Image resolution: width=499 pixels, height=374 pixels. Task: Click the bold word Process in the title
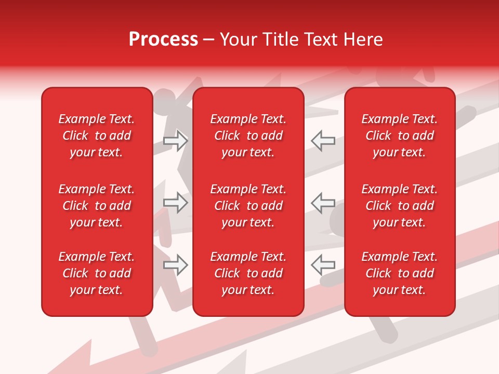tap(163, 39)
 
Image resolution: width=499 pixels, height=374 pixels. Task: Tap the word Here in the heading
tap(363, 39)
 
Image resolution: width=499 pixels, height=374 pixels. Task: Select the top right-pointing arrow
tap(176, 141)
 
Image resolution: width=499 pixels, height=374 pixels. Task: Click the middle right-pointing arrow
tap(176, 203)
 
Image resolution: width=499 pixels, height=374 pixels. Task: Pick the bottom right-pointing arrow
tap(176, 265)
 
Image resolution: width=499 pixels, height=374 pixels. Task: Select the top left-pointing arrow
tap(323, 141)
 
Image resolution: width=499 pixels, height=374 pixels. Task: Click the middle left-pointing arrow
tap(323, 203)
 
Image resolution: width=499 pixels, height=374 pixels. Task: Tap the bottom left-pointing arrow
tap(323, 265)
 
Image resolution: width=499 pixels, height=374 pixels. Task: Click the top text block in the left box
tap(97, 136)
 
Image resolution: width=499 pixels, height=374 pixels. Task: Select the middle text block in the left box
tap(97, 206)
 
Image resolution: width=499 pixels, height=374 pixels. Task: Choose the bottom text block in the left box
tap(97, 273)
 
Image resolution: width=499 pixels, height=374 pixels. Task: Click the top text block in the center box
tap(248, 136)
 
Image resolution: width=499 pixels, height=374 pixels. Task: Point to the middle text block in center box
tap(248, 206)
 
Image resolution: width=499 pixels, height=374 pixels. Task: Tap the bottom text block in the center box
tap(248, 273)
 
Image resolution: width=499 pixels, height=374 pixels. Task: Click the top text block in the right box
tap(399, 136)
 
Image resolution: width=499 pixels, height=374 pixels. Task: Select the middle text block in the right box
tap(399, 206)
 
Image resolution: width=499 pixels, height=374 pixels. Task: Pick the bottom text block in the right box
tap(399, 273)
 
